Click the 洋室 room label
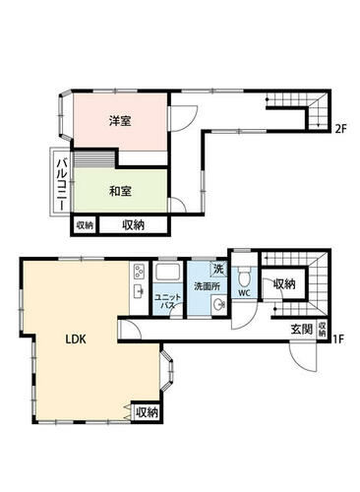pyautogui.click(x=120, y=121)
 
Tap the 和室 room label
pyautogui.click(x=120, y=191)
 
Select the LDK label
pyautogui.click(x=76, y=339)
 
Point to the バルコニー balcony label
pyautogui.click(x=62, y=184)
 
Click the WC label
pyautogui.click(x=244, y=293)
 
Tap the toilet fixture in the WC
pyautogui.click(x=244, y=277)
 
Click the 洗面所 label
pyautogui.click(x=207, y=286)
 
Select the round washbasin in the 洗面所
pyautogui.click(x=218, y=304)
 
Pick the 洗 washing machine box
pyautogui.click(x=218, y=270)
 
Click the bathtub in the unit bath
pyautogui.click(x=168, y=272)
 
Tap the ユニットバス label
pyautogui.click(x=167, y=301)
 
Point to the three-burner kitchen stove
pyautogui.click(x=140, y=272)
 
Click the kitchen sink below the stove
pyautogui.click(x=139, y=291)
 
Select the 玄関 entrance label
pyautogui.click(x=302, y=329)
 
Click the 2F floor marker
pyautogui.click(x=341, y=129)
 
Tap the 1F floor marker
pyautogui.click(x=339, y=338)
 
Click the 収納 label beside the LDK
pyautogui.click(x=148, y=412)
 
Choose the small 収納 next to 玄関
pyautogui.click(x=323, y=330)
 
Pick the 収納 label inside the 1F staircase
pyautogui.click(x=284, y=284)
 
